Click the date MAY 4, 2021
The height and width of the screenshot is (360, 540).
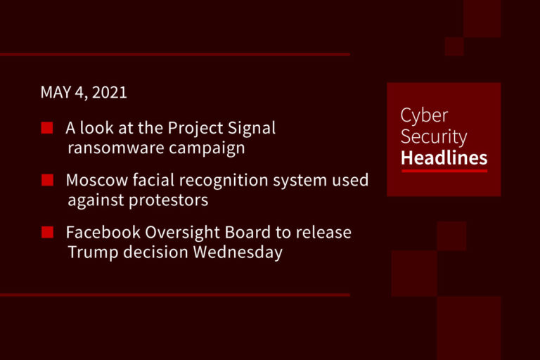[84, 92]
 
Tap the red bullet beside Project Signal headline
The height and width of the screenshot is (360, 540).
[47, 128]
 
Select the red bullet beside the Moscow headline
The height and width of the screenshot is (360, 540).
[47, 180]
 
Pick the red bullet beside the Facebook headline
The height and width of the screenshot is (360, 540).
[47, 232]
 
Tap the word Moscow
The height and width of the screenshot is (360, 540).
[91, 180]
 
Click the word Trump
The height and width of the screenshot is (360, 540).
[90, 252]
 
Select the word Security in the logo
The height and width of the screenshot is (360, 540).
[434, 136]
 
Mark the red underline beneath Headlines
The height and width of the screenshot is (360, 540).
[444, 170]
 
